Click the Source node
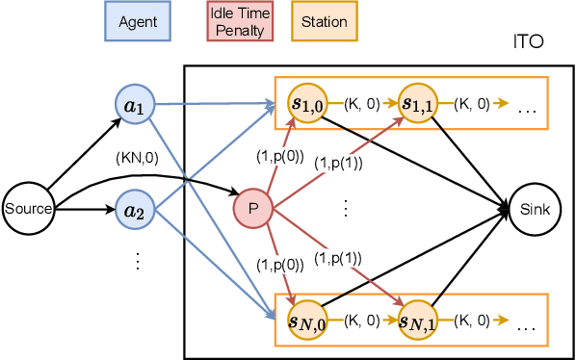coord(28,208)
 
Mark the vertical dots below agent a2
coord(135,260)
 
